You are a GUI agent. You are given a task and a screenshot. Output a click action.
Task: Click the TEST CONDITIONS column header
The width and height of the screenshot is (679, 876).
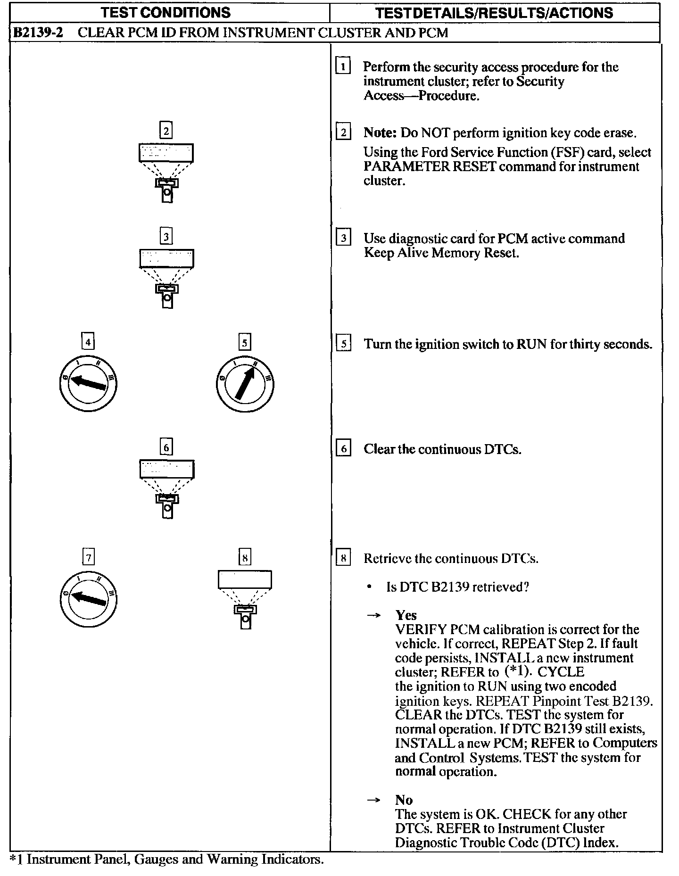pos(169,12)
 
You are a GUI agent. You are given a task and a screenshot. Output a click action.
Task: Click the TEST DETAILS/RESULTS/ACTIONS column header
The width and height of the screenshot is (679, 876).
pos(495,12)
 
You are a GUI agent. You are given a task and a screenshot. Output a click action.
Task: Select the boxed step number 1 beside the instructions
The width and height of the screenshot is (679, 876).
pos(343,66)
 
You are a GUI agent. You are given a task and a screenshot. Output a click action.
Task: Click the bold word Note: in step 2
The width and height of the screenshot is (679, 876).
pos(380,133)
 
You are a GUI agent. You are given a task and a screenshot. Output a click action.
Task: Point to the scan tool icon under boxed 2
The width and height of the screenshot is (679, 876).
pos(166,172)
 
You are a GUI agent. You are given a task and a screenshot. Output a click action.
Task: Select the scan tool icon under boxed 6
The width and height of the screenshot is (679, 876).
pos(166,488)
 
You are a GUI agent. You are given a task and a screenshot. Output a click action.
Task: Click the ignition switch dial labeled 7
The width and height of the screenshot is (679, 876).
pos(89,598)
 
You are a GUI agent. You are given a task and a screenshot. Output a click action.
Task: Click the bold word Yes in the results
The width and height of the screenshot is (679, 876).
pos(406,615)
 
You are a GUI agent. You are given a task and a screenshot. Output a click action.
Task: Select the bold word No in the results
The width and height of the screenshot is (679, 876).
pos(404,800)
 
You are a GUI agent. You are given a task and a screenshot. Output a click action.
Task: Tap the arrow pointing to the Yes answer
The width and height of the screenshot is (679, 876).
pos(374,616)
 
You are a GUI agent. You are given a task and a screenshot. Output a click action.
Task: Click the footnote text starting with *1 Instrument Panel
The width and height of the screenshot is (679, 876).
pos(167,859)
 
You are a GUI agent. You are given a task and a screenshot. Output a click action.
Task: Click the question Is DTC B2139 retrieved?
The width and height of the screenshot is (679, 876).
pos(457,587)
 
